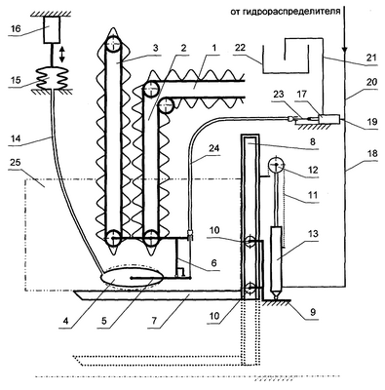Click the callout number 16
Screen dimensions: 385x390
click(15, 29)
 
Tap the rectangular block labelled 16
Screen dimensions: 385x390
click(52, 29)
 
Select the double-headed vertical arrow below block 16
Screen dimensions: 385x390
click(62, 55)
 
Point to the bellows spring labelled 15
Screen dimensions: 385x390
click(51, 78)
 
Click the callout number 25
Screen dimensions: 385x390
click(15, 162)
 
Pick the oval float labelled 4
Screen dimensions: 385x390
click(132, 276)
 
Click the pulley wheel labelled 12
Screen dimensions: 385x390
click(276, 165)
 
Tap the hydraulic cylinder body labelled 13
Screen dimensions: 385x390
click(277, 258)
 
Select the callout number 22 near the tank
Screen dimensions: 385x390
click(241, 48)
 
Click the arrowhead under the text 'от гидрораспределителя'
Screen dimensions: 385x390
click(344, 51)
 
